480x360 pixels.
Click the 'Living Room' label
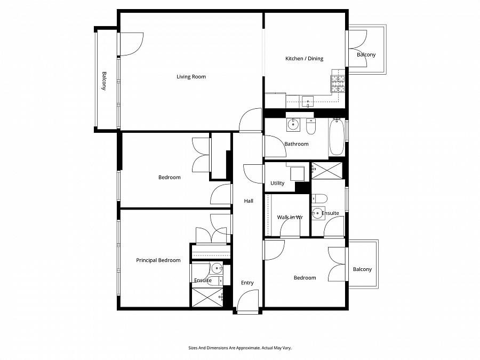[x=191, y=77]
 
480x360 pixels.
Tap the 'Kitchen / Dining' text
[x=304, y=59]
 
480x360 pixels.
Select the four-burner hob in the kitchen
[x=338, y=83]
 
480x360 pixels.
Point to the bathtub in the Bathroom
[x=337, y=137]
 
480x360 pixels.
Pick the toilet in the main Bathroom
[x=311, y=126]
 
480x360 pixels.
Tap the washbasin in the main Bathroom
[x=293, y=125]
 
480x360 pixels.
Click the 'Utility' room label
[x=277, y=183]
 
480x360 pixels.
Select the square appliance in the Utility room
[x=297, y=173]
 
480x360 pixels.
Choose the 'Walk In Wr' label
[x=290, y=218]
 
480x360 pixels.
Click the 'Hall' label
[x=249, y=201]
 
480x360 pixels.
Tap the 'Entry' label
[x=247, y=283]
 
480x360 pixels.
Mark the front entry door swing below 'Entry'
[x=248, y=301]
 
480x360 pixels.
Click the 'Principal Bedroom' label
[x=158, y=260]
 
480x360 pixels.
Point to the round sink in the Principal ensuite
[x=217, y=268]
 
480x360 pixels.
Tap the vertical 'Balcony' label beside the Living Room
[x=105, y=81]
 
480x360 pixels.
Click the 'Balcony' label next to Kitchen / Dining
[x=366, y=55]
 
